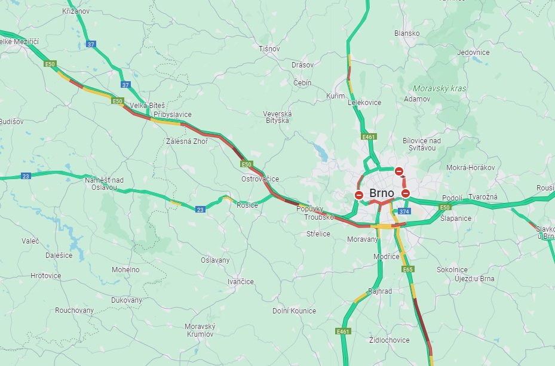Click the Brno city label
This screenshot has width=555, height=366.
[382, 193]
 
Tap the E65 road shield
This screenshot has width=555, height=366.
[408, 269]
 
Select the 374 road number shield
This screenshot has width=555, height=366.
[404, 211]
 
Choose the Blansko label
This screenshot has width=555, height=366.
[407, 33]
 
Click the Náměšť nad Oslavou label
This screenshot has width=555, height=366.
[104, 184]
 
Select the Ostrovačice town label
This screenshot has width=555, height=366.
[260, 179]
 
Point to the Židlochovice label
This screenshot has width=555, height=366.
[390, 340]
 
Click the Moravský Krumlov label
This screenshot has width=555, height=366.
[200, 330]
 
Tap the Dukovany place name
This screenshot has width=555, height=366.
[127, 300]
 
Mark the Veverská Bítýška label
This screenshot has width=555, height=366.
[278, 117]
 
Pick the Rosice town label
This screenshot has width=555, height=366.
[247, 205]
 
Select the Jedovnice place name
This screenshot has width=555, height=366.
[473, 53]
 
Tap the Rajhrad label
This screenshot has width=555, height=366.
[381, 291]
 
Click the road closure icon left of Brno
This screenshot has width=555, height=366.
[359, 195]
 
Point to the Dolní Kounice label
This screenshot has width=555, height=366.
[294, 310]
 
